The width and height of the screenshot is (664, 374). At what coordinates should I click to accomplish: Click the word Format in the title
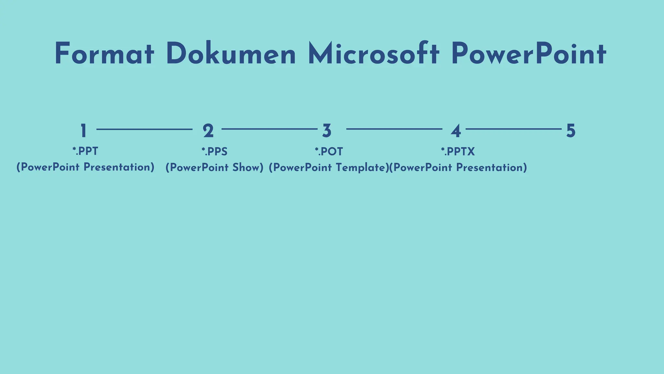[104, 54]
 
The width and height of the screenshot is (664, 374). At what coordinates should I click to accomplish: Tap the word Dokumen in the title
[231, 54]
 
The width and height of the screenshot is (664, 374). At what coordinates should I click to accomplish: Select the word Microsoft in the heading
[373, 54]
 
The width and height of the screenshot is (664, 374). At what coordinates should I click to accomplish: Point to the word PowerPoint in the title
[528, 54]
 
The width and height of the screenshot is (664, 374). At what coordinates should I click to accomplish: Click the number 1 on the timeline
[83, 131]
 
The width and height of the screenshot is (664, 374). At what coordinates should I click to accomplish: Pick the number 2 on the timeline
[208, 131]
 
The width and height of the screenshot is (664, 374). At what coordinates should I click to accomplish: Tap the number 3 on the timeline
[327, 131]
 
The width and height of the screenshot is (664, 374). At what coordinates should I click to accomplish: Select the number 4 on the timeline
[456, 131]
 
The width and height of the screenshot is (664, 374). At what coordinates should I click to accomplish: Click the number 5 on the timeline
[571, 131]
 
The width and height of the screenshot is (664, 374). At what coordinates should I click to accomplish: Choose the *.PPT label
[85, 151]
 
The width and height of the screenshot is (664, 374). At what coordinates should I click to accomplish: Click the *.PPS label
[214, 152]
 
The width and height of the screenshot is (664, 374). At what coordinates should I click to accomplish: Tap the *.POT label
[329, 152]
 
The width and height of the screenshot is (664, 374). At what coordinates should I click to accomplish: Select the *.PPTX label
[458, 152]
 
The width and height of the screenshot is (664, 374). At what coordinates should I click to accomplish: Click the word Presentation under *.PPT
[119, 167]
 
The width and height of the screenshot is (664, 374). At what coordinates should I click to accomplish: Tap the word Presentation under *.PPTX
[492, 168]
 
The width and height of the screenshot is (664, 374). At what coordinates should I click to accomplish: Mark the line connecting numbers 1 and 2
[144, 129]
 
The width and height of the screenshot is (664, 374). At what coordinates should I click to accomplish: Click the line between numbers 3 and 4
[394, 129]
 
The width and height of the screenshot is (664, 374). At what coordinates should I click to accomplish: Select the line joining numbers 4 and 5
[514, 129]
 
